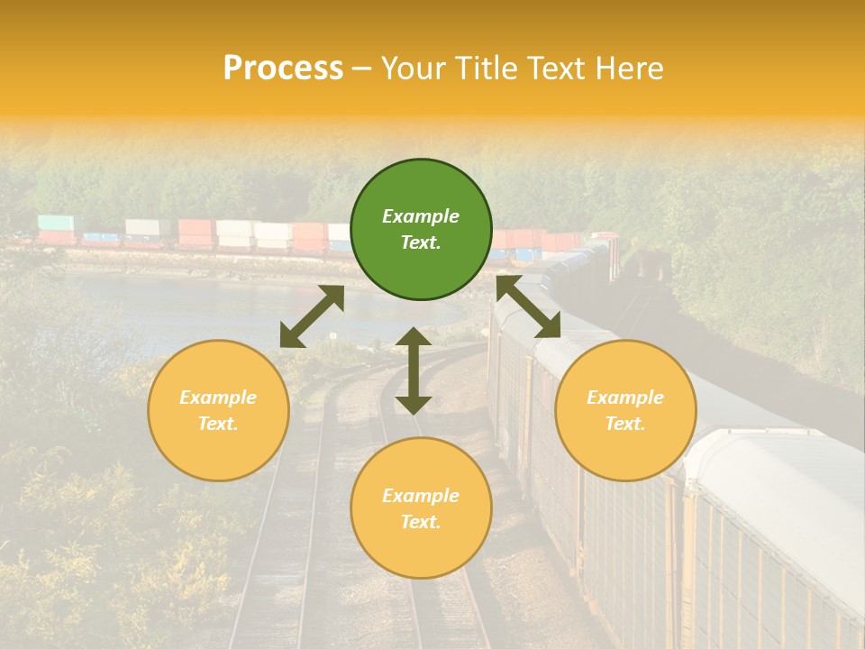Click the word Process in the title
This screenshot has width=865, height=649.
(283, 69)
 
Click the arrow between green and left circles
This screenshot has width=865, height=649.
(312, 316)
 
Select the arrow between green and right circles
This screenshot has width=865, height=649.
(529, 306)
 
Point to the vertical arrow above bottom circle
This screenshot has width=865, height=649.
(414, 370)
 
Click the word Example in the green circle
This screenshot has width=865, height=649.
(421, 216)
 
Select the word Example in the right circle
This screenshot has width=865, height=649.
(625, 398)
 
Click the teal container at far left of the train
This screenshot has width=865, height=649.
(55, 223)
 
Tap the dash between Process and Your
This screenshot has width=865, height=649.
(362, 69)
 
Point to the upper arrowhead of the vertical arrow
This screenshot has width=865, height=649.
(414, 336)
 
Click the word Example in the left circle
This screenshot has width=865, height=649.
(218, 398)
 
